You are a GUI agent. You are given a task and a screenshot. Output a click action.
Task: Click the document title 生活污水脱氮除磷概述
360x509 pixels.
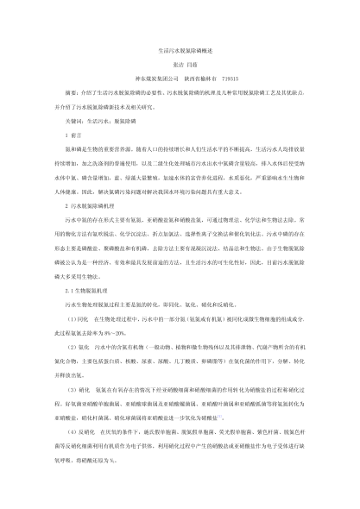[180, 51]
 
